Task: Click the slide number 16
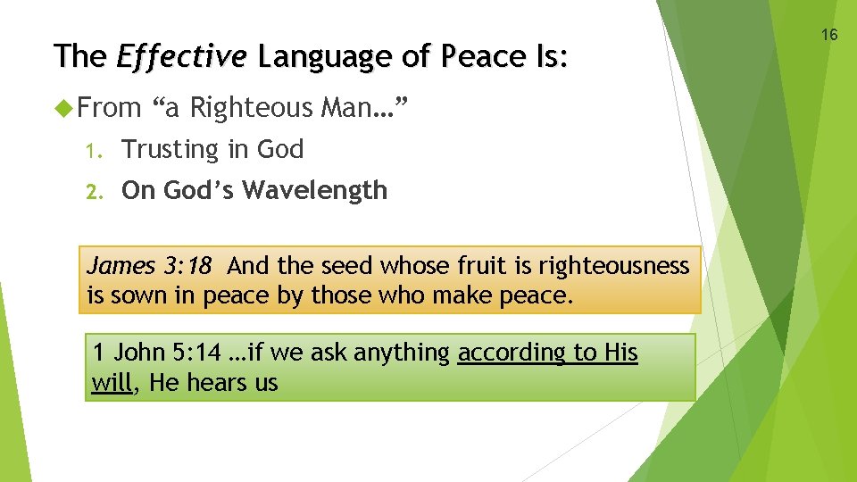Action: (x=829, y=35)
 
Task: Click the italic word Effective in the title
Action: (x=181, y=57)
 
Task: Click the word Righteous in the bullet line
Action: (x=252, y=109)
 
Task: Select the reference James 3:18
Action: (x=149, y=266)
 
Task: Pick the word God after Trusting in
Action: (x=280, y=150)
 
